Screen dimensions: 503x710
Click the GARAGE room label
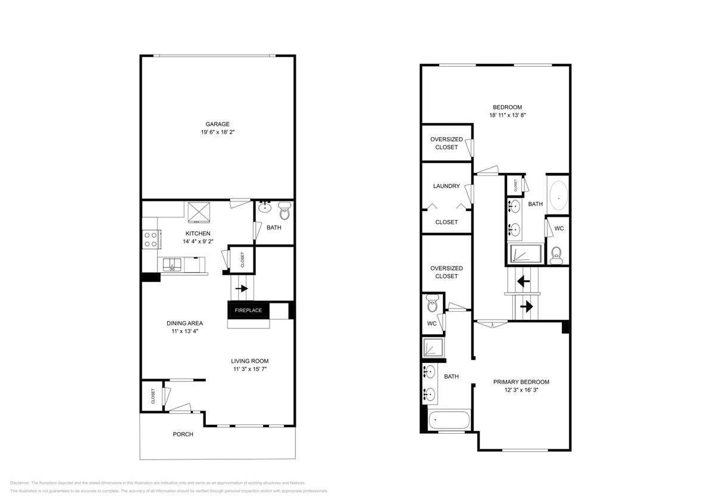click(x=217, y=124)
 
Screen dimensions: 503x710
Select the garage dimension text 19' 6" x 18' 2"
click(x=217, y=132)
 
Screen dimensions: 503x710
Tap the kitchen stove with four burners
click(x=151, y=240)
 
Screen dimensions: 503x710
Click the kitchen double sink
click(x=173, y=263)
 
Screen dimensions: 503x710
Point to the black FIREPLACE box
click(x=249, y=311)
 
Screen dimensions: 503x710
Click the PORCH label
click(x=183, y=434)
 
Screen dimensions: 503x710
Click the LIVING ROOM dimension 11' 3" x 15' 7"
click(x=250, y=370)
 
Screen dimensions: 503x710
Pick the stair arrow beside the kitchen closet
click(x=242, y=288)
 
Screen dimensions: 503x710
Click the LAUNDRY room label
click(x=446, y=186)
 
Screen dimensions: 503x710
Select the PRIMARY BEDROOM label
click(x=521, y=382)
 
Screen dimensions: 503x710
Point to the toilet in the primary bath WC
click(x=433, y=306)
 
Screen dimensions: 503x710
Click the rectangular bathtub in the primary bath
click(x=449, y=420)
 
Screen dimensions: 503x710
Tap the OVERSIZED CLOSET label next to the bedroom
click(x=446, y=143)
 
